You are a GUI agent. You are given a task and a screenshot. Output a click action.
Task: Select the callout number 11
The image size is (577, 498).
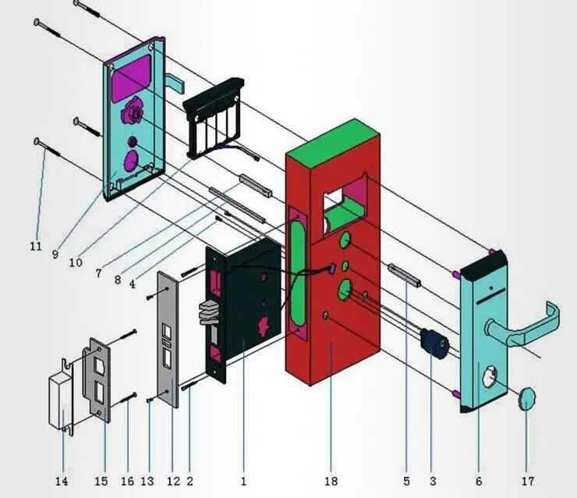[x=35, y=245]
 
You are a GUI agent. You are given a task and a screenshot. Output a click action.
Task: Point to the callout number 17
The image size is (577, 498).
[x=527, y=482]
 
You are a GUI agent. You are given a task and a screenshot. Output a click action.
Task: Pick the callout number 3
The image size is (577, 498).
[x=433, y=482]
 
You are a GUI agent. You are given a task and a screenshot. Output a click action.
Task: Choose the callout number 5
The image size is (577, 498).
[x=406, y=482]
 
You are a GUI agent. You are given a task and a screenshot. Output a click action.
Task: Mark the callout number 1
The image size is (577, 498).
[x=243, y=482]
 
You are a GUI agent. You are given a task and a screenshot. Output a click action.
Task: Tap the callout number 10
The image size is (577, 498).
[x=76, y=263]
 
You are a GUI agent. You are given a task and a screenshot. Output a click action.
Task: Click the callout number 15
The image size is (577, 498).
[x=101, y=482]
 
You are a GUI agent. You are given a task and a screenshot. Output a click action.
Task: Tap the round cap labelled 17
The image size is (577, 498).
[x=527, y=398]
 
